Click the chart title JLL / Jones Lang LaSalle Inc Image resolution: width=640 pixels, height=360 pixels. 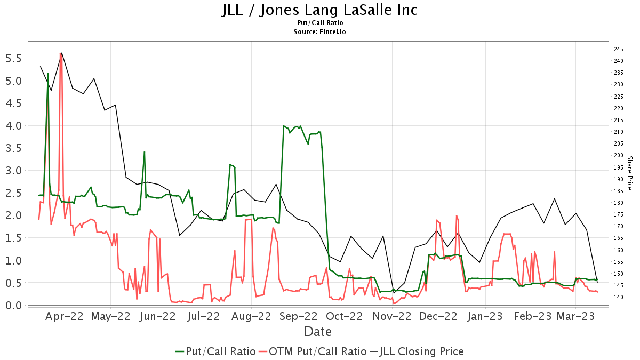319,10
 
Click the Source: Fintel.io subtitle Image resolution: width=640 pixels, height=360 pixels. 319,32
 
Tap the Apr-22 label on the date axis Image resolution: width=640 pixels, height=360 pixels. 65,317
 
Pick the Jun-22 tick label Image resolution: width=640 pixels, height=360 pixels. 157,317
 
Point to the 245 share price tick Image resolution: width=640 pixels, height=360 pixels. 619,49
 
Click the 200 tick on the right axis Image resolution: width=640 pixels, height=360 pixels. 619,155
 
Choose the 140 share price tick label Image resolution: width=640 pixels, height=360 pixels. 619,297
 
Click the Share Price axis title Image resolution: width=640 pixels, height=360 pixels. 629,173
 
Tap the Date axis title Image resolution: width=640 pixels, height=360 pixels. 318,332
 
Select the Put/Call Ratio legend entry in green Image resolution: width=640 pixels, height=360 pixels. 215,351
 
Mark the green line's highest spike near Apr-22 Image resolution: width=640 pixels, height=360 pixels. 48,74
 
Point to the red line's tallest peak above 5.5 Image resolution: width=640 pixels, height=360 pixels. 60,53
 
